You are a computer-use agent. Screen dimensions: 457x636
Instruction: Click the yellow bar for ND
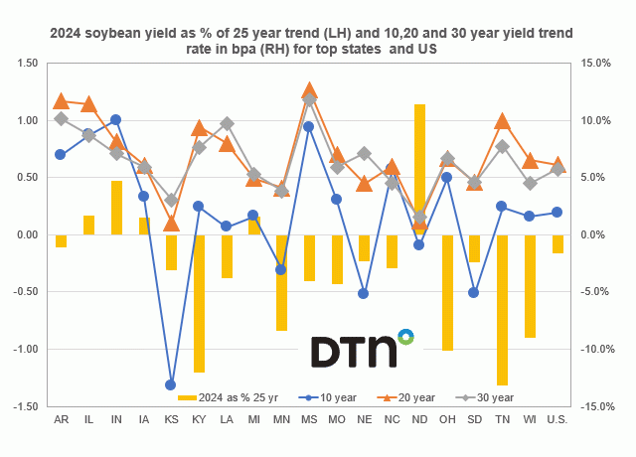(x=419, y=169)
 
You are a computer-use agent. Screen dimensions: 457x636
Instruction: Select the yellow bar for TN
(x=503, y=309)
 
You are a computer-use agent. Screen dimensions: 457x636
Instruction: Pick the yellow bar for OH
(x=447, y=292)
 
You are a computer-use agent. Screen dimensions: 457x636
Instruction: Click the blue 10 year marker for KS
(x=171, y=384)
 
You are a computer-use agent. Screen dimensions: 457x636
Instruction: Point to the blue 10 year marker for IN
(x=115, y=119)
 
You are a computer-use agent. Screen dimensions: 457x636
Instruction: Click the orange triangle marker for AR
(x=61, y=100)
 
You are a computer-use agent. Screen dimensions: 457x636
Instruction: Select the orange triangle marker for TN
(x=503, y=121)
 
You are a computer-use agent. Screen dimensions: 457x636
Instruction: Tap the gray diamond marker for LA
(x=227, y=124)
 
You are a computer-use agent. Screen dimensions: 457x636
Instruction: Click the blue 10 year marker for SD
(x=475, y=292)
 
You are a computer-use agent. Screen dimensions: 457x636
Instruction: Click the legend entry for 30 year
(x=482, y=397)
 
